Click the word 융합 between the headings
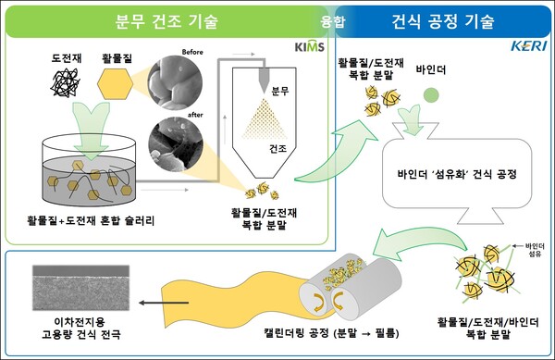[332, 19]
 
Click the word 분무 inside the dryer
[281, 91]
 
